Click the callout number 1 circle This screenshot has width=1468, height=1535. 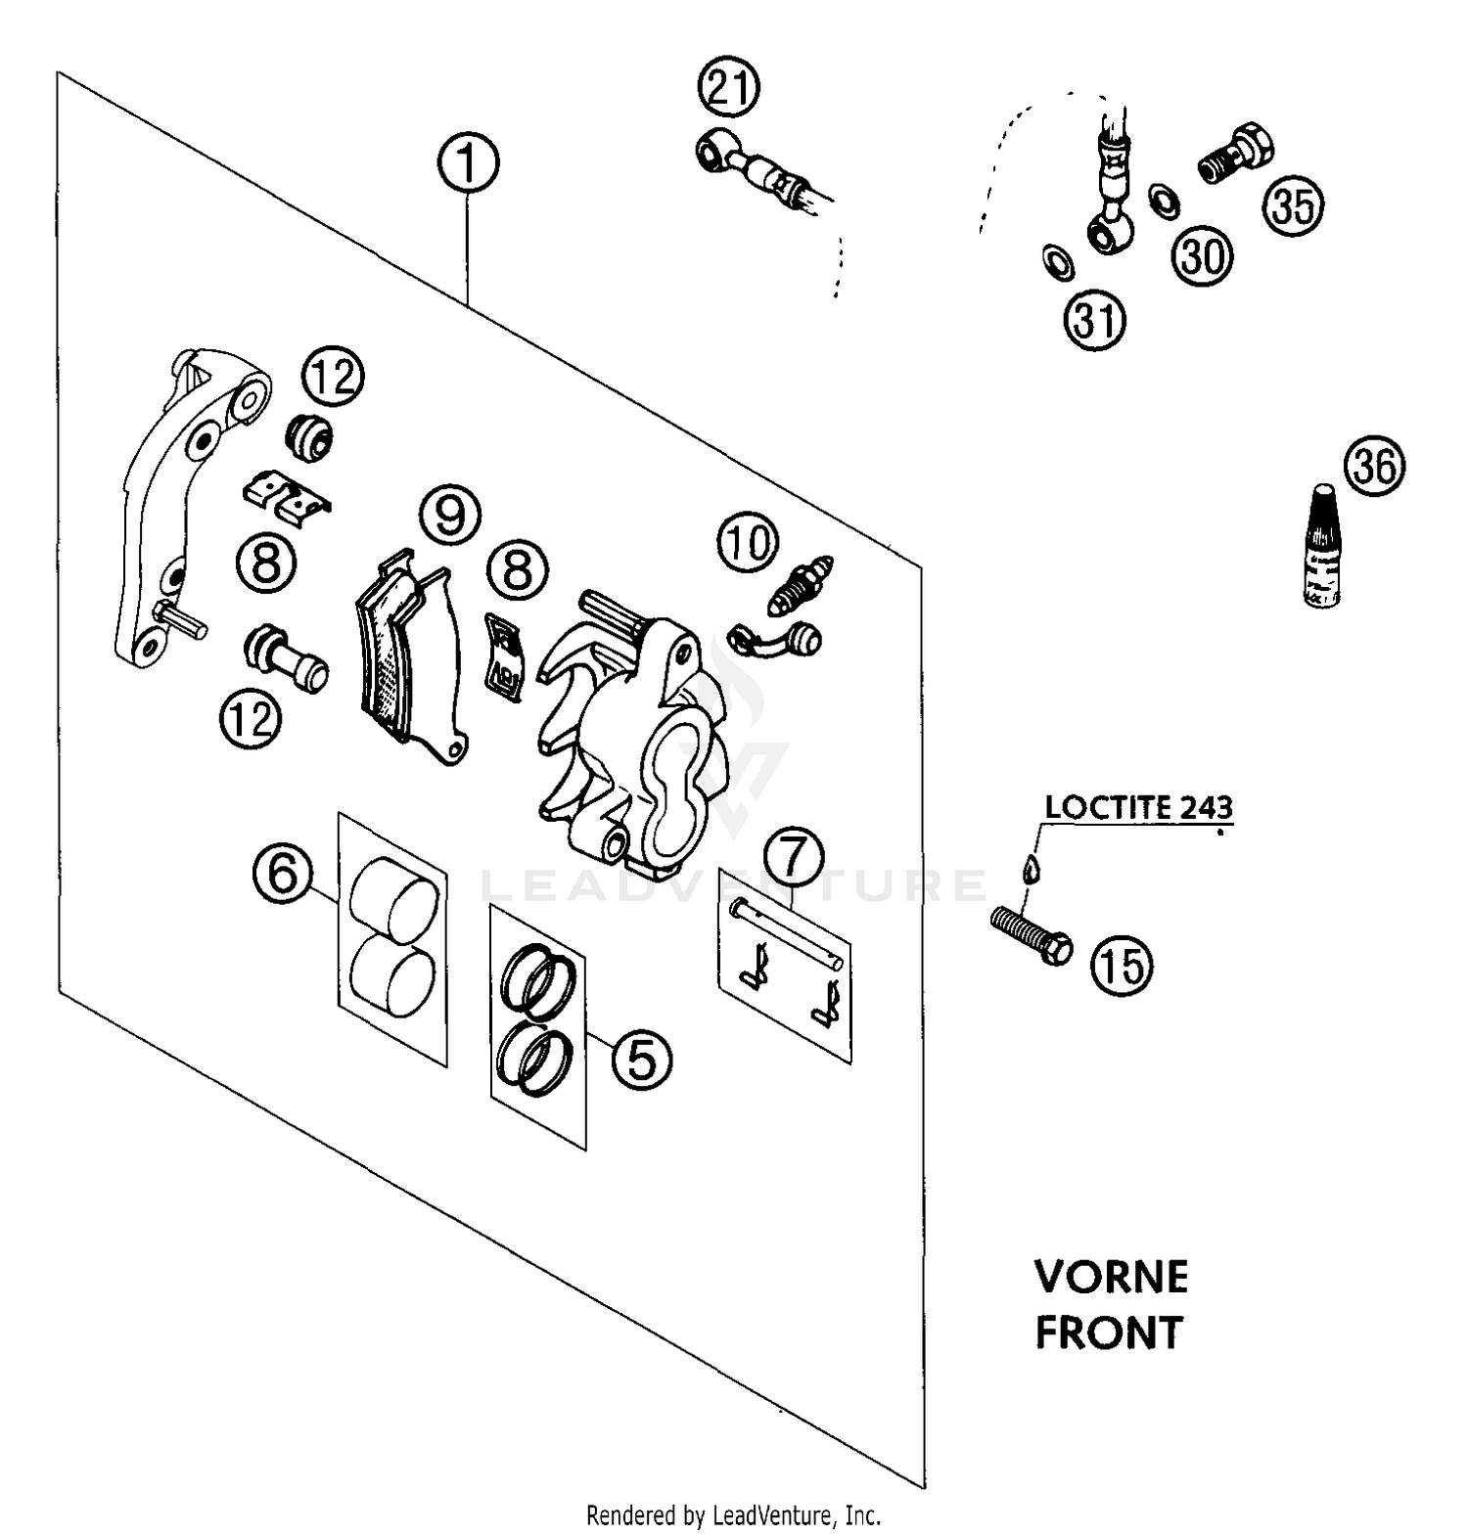tap(468, 163)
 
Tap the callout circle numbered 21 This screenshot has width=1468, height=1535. tap(729, 89)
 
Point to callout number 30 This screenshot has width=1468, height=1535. tap(1203, 256)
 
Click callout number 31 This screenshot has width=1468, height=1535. tap(1096, 320)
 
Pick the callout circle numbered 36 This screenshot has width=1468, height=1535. tap(1374, 467)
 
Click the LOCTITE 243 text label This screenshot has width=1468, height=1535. tap(1138, 808)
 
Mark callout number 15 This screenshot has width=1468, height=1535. tap(1123, 966)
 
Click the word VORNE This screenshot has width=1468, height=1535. tap(1111, 1277)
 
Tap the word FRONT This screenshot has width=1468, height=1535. tap(1109, 1332)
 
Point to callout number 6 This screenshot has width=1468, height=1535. tap(283, 873)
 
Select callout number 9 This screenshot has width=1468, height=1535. tap(450, 515)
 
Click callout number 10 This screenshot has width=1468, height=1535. tap(749, 542)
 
